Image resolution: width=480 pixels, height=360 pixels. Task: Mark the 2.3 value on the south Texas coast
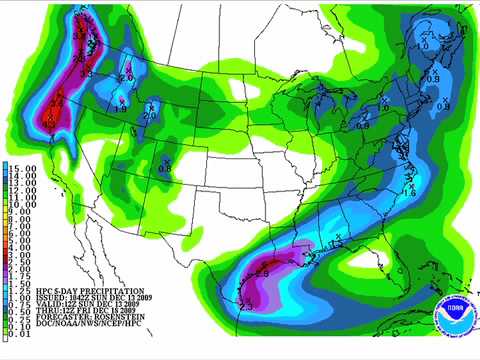click(x=246, y=305)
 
